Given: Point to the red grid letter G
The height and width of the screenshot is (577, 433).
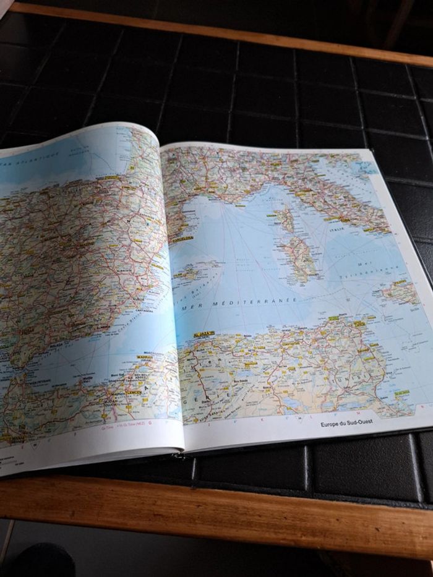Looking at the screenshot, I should click(150, 425).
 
